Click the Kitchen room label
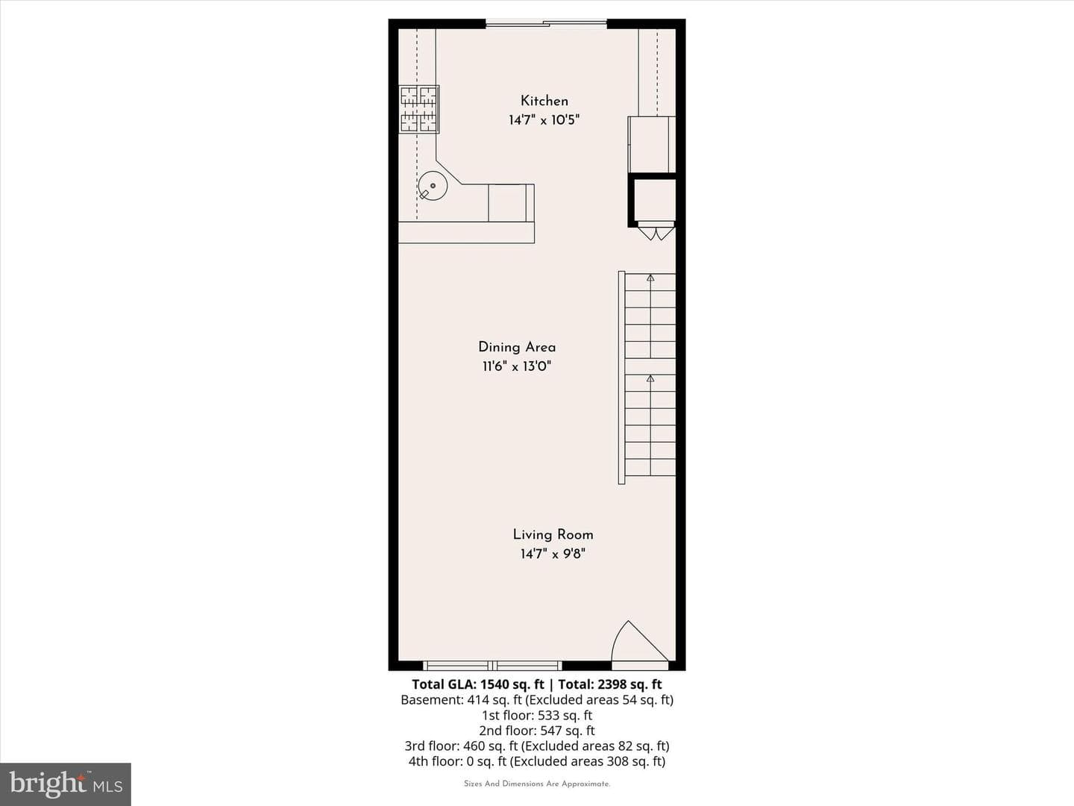544,101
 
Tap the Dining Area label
517,348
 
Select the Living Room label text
553,535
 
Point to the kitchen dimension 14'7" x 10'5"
544,120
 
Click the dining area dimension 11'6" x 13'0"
517,366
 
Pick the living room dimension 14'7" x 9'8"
553,554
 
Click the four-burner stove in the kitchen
419,109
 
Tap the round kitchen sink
433,186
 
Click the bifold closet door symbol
656,231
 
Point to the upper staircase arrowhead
650,278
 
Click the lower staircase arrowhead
650,378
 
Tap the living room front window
492,666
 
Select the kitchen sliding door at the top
546,22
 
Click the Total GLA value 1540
494,684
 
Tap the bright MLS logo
66,784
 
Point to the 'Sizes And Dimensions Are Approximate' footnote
537,784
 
